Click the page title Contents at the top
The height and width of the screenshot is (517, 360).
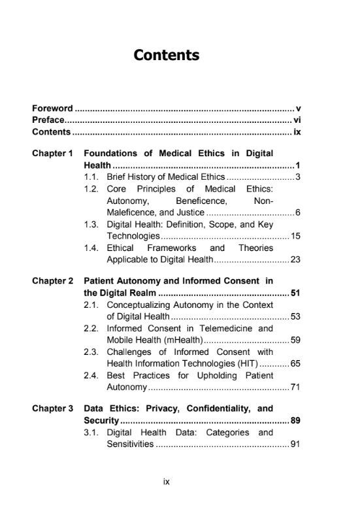[x=166, y=55]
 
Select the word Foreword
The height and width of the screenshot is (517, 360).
[x=52, y=108]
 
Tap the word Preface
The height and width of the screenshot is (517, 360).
[x=48, y=120]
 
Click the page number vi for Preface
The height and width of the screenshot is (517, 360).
[x=297, y=120]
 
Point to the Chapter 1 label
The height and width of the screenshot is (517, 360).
[x=53, y=154]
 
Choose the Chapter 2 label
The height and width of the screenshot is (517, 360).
[x=53, y=281]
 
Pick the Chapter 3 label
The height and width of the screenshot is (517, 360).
[x=53, y=409]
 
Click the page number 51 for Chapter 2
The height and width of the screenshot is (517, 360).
[x=295, y=293]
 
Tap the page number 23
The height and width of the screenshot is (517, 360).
[x=295, y=259]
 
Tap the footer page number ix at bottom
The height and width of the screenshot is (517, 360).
[x=167, y=482]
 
